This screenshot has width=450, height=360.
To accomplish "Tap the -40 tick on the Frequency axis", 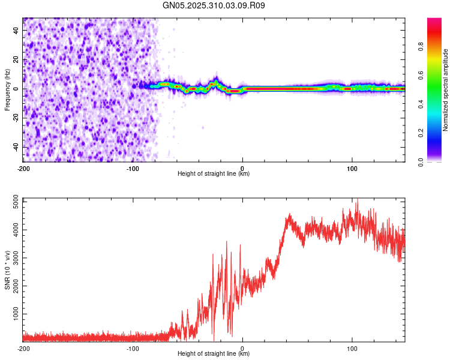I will tap(15, 147).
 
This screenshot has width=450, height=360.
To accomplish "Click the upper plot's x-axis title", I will tap(214, 173).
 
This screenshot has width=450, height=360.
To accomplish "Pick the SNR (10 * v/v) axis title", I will tap(7, 270).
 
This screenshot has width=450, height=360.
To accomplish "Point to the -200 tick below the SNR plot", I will tap(23, 348).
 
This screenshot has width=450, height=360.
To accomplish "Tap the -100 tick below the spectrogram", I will tap(133, 168).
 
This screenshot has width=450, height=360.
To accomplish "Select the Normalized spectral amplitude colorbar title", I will tap(445, 90).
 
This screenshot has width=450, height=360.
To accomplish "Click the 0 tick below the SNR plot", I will tap(242, 348).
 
